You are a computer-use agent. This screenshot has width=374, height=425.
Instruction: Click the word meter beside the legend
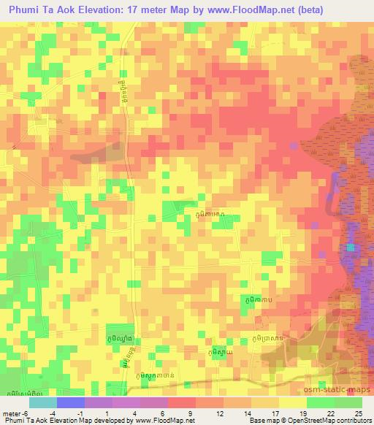12,413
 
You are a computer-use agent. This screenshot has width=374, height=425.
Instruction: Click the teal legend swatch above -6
42,402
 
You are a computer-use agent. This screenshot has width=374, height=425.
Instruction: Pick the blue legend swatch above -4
70,402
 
